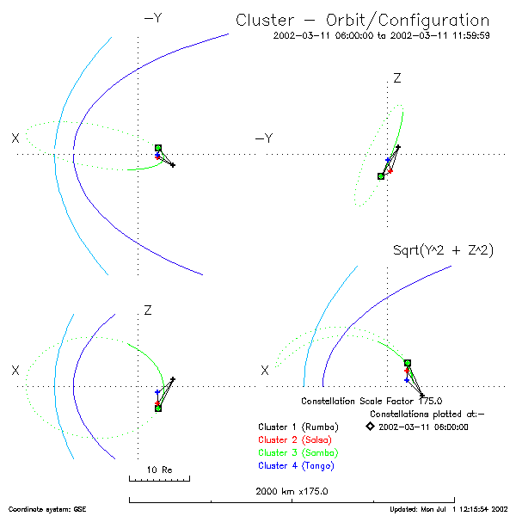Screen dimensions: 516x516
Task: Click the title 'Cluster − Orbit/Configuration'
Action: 362,21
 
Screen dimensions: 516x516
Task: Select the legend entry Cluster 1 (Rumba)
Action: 298,427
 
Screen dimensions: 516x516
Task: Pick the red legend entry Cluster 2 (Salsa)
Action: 298,439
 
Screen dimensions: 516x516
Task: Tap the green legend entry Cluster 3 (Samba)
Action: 298,452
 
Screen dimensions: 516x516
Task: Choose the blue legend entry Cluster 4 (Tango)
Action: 298,465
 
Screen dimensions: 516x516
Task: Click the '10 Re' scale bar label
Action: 159,470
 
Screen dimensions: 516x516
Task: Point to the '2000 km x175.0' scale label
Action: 292,491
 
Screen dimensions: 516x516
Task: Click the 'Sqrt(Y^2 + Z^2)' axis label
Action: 442,250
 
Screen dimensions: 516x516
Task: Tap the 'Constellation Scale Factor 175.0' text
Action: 372,401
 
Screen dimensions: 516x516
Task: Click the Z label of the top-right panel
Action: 397,78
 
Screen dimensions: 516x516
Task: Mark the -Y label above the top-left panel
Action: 152,16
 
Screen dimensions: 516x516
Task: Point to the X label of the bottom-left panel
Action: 15,370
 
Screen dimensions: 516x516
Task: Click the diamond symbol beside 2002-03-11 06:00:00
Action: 370,426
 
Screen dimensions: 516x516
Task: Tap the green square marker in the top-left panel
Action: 158,149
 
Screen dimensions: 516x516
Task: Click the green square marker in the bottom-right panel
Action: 408,363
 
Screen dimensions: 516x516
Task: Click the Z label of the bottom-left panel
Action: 148,309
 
